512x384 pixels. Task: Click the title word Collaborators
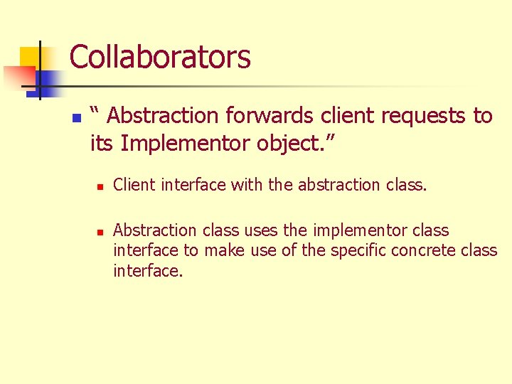click(160, 57)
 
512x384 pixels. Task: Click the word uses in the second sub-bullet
click(261, 230)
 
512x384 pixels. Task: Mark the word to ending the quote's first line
click(483, 115)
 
